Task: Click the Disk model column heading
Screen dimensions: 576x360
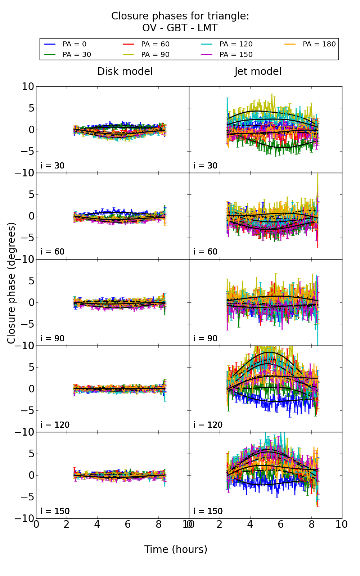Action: (125, 72)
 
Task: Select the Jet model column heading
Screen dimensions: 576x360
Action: (258, 72)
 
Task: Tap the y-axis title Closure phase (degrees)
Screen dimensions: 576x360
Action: (12, 283)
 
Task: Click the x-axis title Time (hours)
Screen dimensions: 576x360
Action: (176, 550)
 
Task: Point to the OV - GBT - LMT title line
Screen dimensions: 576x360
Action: (180, 28)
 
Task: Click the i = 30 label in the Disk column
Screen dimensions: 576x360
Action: (53, 166)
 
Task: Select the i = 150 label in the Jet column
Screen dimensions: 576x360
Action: (208, 512)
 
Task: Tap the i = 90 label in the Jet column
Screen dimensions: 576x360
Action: (206, 339)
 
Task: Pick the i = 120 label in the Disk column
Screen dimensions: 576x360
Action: (55, 425)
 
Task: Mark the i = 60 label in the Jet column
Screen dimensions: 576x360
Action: (206, 252)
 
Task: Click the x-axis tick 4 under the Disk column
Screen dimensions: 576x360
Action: (97, 525)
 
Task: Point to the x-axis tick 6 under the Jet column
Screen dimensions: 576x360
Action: (281, 525)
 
